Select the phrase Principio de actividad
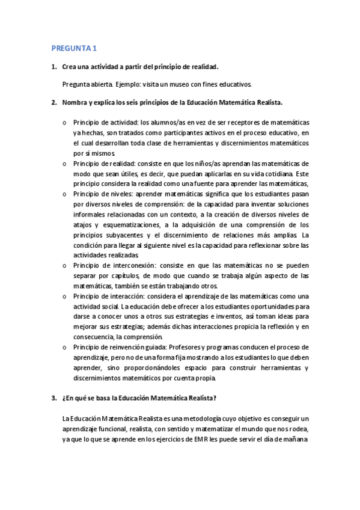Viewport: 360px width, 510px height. point(102,122)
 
